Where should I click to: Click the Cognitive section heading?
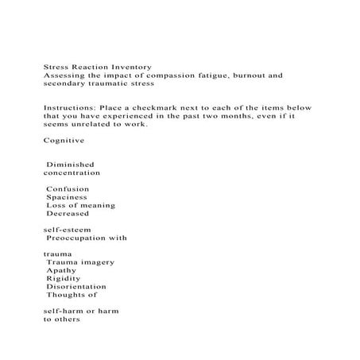tap(64, 140)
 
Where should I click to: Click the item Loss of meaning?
tap(80, 205)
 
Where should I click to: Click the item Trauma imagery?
tap(80, 262)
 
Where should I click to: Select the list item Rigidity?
tap(64, 278)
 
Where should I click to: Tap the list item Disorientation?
tap(75, 287)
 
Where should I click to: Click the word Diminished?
tap(71, 165)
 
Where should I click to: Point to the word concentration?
tap(72, 172)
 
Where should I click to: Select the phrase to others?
tap(61, 319)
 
